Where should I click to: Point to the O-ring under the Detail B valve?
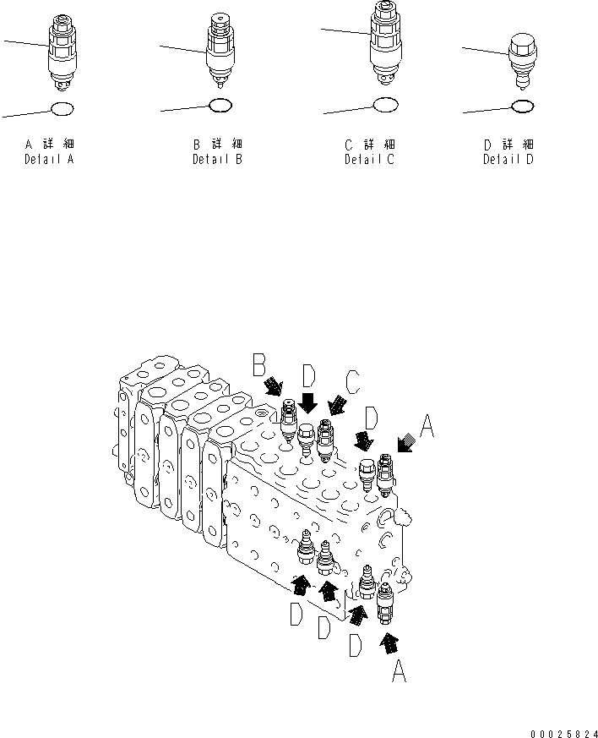point(220,105)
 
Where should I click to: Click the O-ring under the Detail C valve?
point(384,105)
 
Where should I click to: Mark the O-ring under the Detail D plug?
point(523,107)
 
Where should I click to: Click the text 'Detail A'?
point(49,159)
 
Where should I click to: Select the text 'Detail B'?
point(217,159)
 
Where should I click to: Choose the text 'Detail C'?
point(369,159)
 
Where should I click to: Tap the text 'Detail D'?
point(508,159)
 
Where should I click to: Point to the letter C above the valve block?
point(352,383)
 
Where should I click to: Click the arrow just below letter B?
point(275,387)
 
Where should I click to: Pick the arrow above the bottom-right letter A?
point(389,643)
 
